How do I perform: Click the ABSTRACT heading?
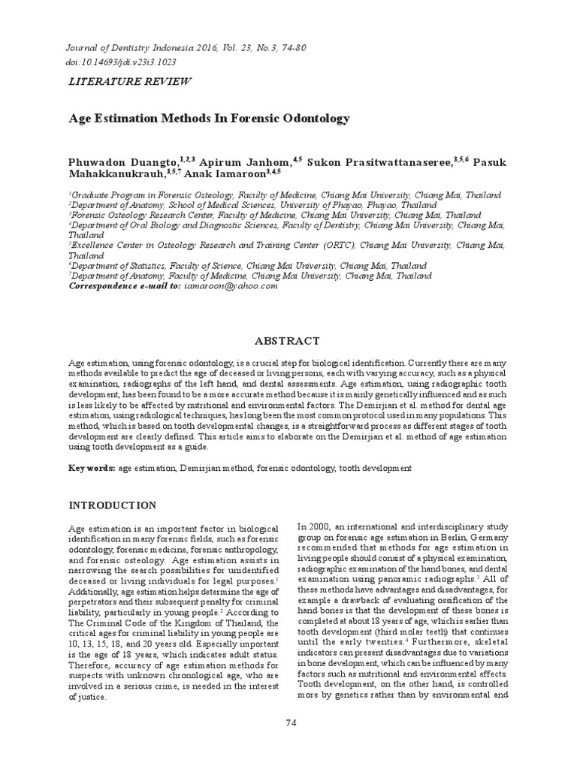coord(288,340)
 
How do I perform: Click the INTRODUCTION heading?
coord(113,505)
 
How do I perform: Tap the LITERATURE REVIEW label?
coord(129,81)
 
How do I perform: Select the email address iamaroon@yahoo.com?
coord(230,286)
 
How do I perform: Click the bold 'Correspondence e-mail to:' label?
coord(125,286)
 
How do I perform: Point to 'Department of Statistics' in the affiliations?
coord(116,266)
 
